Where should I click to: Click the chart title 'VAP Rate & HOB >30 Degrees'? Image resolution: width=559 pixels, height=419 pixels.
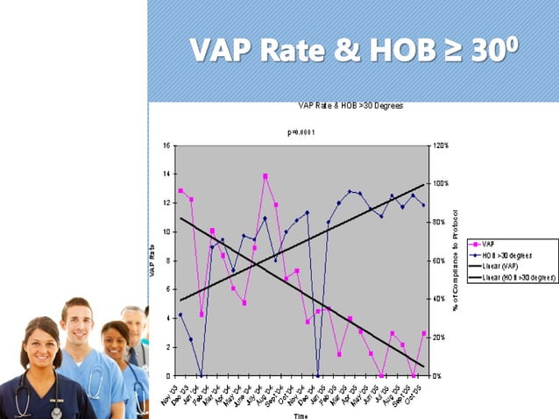(350, 106)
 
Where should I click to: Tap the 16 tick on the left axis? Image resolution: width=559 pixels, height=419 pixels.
(166, 146)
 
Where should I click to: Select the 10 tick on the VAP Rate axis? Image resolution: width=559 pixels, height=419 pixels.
(166, 231)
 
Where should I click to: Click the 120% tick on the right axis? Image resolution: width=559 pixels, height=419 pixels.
(440, 146)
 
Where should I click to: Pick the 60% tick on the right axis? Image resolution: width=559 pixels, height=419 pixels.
(438, 260)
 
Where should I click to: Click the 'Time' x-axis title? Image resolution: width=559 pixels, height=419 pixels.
(301, 415)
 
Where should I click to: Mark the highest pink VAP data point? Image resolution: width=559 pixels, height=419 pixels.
(265, 176)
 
